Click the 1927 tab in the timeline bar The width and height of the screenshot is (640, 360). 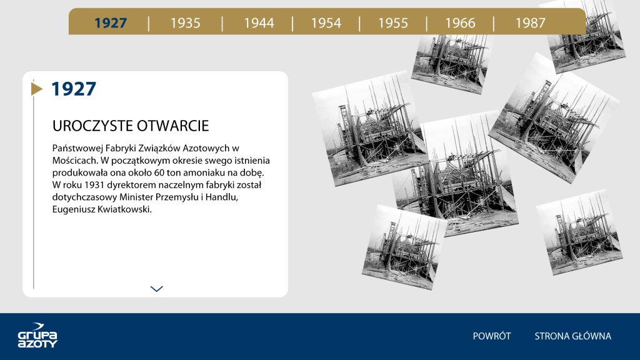tap(111, 23)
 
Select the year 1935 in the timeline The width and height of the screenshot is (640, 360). tap(185, 23)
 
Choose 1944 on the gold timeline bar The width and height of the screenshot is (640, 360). tap(259, 23)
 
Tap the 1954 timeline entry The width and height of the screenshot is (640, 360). tap(326, 23)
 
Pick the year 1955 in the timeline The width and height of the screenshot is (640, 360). tap(392, 23)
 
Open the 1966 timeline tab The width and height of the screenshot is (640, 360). tap(460, 23)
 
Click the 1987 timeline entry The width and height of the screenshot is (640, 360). tap(530, 23)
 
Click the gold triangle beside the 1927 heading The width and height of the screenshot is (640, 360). tap(37, 89)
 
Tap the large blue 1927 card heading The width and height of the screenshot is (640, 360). tap(74, 89)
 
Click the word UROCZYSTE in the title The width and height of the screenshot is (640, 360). tap(92, 126)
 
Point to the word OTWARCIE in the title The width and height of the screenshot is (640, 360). tap(172, 126)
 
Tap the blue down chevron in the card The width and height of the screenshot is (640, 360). tap(157, 289)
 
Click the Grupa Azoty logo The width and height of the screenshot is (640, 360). tap(37, 336)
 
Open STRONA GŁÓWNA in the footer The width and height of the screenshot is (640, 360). tap(572, 336)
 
